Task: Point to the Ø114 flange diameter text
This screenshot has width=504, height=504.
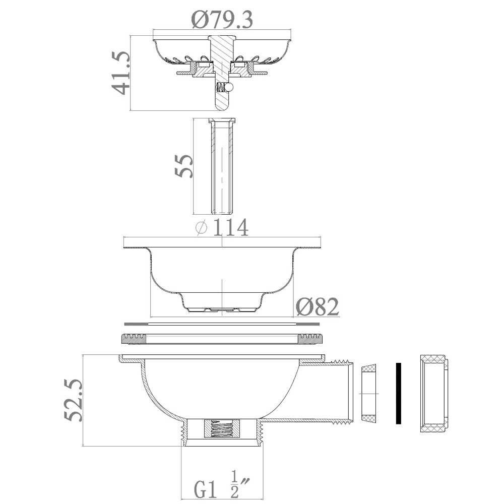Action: pyautogui.click(x=222, y=228)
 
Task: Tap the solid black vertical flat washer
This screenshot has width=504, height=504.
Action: pyautogui.click(x=398, y=393)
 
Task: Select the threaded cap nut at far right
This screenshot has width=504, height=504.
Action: pyautogui.click(x=433, y=394)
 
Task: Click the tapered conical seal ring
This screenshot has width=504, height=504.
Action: pyautogui.click(x=370, y=394)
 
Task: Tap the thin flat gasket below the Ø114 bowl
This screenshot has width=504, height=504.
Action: pyautogui.click(x=222, y=323)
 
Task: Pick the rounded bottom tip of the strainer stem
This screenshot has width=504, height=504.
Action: pyautogui.click(x=222, y=106)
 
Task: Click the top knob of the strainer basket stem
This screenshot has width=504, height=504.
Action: pyautogui.click(x=222, y=38)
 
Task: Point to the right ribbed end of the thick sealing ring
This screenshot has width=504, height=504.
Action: pyautogui.click(x=309, y=339)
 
